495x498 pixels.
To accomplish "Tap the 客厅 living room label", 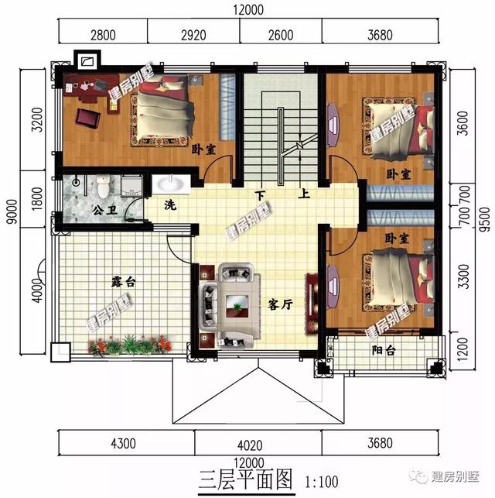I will [280, 304].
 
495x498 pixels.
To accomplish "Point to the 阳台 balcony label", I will [381, 351].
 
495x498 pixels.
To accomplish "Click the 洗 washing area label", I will [169, 206].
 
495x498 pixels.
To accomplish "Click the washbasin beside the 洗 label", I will [168, 184].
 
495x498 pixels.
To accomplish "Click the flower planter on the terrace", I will [130, 345].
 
